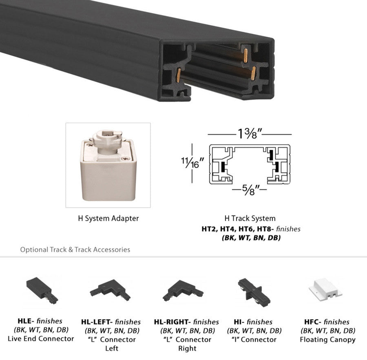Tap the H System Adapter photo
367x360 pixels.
point(108,165)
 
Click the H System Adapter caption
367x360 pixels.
point(108,218)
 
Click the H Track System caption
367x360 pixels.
point(250,218)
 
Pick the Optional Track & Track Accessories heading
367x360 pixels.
point(75,249)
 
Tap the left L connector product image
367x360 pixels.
point(111,290)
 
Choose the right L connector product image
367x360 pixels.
point(183,290)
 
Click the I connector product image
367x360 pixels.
point(254,289)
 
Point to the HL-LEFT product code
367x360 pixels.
point(99,322)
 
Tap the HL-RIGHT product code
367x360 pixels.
point(172,322)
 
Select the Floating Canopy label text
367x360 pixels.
point(327,339)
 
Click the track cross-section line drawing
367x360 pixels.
point(250,165)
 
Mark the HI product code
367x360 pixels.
point(239,322)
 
